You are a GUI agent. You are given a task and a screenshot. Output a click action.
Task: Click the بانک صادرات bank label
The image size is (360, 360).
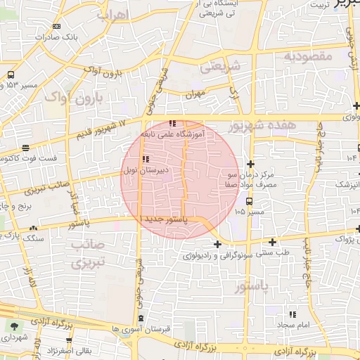[58, 36]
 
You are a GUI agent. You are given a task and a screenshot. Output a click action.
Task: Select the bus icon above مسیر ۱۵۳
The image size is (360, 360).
[12, 74]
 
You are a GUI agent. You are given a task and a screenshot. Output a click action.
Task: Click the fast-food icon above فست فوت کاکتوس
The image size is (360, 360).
[26, 148]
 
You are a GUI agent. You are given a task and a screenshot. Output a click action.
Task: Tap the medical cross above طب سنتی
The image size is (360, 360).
[219, 244]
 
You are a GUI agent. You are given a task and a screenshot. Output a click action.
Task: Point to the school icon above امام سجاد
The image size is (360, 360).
[292, 314]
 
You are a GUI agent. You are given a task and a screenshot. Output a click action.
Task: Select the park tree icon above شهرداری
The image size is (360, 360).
[13, 326]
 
